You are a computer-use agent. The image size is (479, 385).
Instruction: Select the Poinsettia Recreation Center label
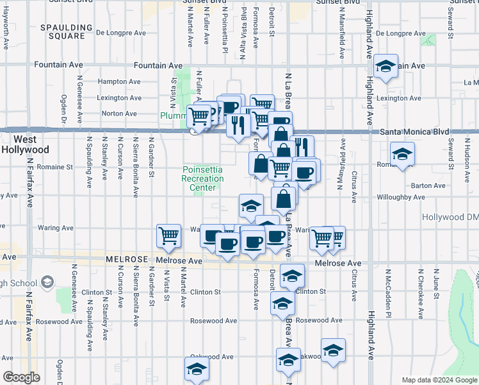coord(203,178)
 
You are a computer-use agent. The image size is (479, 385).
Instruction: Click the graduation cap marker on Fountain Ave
coord(386,65)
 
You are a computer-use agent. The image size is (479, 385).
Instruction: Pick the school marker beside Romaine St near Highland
coord(402,154)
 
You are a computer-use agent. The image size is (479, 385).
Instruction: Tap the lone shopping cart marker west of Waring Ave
coord(168,235)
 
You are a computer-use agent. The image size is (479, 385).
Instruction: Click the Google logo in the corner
coord(21,377)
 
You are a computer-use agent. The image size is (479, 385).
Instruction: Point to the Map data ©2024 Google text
coord(439,380)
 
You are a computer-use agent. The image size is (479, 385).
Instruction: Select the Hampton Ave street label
coord(119,81)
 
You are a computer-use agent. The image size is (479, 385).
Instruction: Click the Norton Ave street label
coord(120,114)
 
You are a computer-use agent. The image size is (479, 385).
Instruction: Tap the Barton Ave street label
coord(423,185)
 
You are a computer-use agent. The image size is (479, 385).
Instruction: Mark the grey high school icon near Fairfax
coord(47,282)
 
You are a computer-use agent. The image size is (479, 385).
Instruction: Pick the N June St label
coord(435,286)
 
